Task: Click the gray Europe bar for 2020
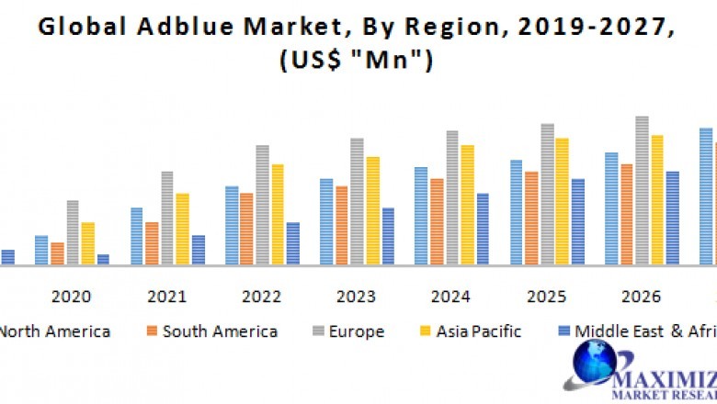(x=73, y=233)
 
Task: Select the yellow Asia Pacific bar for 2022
(x=277, y=215)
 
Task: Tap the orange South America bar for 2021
(x=152, y=243)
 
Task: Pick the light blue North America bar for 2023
(x=326, y=222)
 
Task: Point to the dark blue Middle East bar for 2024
(x=483, y=230)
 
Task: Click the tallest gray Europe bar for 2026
(x=642, y=191)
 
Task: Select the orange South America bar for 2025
(x=531, y=219)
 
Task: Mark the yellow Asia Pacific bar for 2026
(x=657, y=200)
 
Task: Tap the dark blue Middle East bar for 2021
(x=198, y=250)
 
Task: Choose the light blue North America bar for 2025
(x=517, y=213)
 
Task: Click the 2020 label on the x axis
(x=71, y=297)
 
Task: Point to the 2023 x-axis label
(x=356, y=297)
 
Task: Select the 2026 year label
(x=642, y=297)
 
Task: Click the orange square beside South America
(x=152, y=331)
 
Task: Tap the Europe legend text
(x=355, y=331)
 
